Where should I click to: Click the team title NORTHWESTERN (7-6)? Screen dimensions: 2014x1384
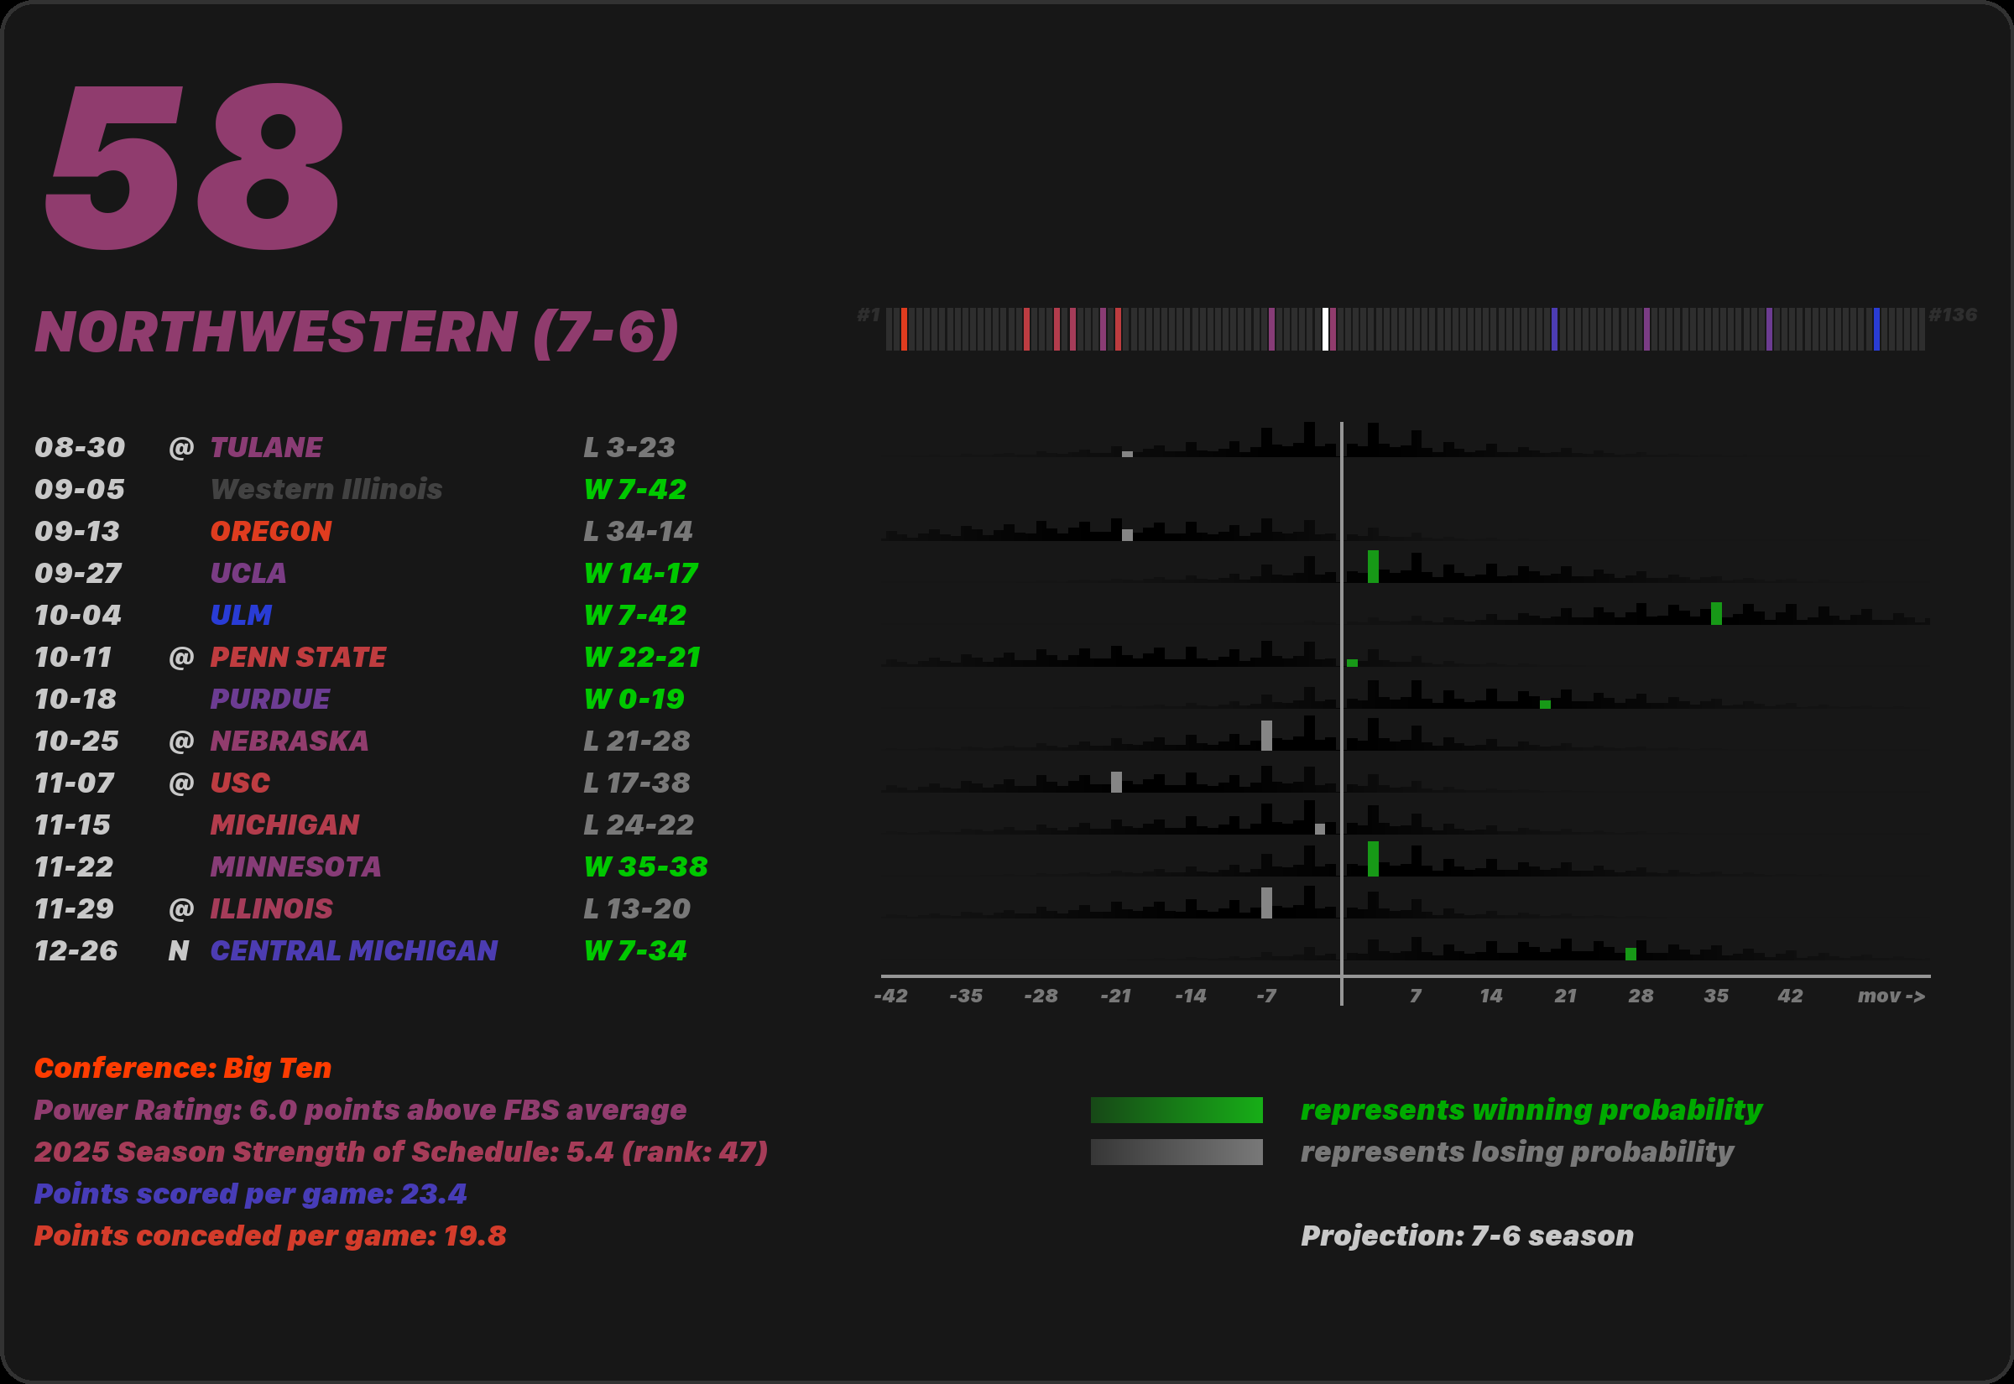(x=357, y=332)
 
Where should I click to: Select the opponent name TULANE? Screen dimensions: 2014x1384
(x=266, y=447)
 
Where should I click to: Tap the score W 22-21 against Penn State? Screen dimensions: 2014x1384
(x=642, y=658)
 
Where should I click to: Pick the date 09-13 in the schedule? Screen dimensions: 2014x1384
(x=77, y=532)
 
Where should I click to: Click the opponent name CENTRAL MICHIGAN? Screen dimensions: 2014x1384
(x=354, y=951)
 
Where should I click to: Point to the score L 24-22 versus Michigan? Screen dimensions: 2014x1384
(x=639, y=825)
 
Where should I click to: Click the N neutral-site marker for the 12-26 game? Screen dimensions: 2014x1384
(x=179, y=951)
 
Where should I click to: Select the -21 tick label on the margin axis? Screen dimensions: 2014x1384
(x=1115, y=996)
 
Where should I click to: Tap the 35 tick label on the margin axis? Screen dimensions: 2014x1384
(x=1715, y=996)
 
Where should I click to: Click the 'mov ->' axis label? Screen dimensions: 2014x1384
(x=1891, y=996)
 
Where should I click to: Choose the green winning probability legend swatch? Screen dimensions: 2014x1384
(x=1177, y=1111)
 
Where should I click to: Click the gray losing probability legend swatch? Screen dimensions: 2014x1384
(x=1177, y=1152)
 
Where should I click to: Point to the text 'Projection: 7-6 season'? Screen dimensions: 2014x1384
(x=1467, y=1236)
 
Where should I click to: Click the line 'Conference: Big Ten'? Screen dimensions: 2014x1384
(x=183, y=1069)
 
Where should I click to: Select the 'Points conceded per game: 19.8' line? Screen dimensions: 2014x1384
(x=269, y=1236)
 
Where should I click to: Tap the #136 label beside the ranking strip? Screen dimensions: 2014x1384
(x=1953, y=315)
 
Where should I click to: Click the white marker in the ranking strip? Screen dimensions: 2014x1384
(x=1325, y=330)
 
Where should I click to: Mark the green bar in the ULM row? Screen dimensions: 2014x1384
(x=1716, y=613)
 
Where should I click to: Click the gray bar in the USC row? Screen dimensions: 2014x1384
(x=1116, y=783)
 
